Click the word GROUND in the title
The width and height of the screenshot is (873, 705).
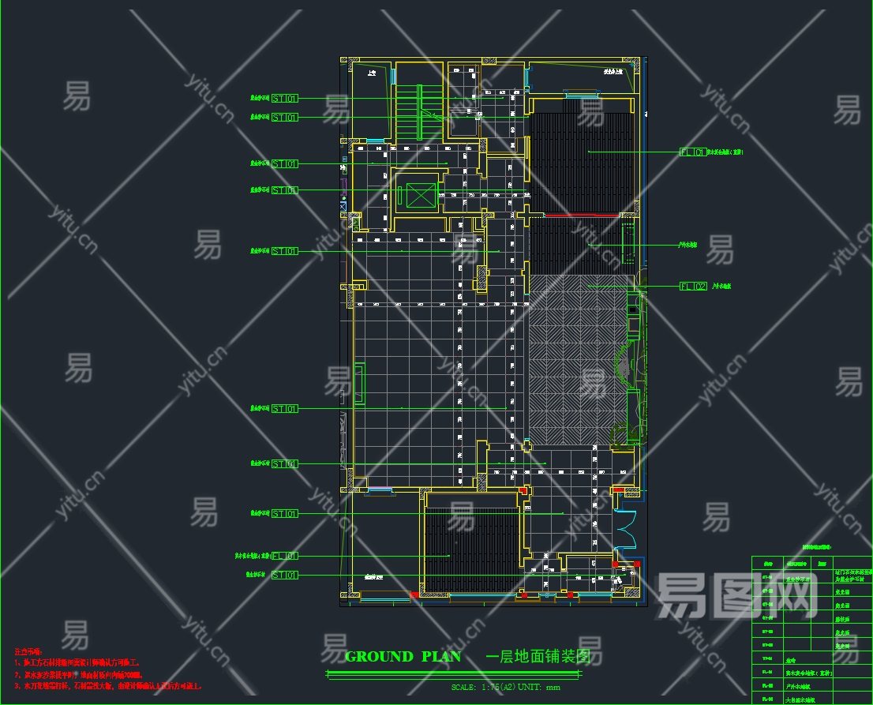point(379,656)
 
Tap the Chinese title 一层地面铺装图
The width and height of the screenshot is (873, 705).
point(538,656)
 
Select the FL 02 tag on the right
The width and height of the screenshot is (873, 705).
point(693,286)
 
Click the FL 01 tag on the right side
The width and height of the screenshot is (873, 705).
point(693,152)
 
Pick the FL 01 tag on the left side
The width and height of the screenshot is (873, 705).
point(285,556)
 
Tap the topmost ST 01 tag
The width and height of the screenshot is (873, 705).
point(285,99)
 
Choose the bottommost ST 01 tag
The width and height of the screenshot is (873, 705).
point(285,576)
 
